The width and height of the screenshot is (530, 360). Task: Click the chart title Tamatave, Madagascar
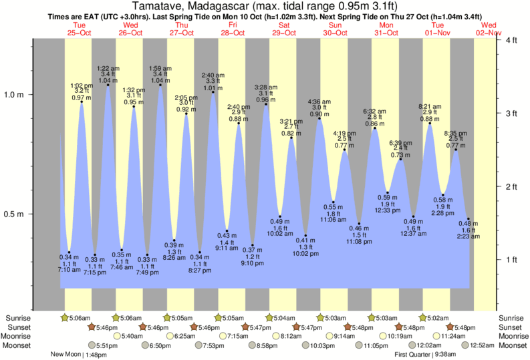point(265,7)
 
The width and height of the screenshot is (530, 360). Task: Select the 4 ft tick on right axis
point(511,41)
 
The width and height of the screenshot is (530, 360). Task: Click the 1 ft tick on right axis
point(511,259)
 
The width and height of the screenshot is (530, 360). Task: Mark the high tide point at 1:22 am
point(108,85)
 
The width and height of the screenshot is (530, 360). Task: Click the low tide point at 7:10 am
point(69,252)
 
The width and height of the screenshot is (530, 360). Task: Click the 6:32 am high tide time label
point(374,112)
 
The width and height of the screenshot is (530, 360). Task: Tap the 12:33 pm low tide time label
point(387,210)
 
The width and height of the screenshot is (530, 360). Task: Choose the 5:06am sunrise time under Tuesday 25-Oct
point(80,318)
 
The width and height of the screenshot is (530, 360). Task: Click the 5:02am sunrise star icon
point(423,318)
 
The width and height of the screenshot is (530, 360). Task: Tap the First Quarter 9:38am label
point(425,355)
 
